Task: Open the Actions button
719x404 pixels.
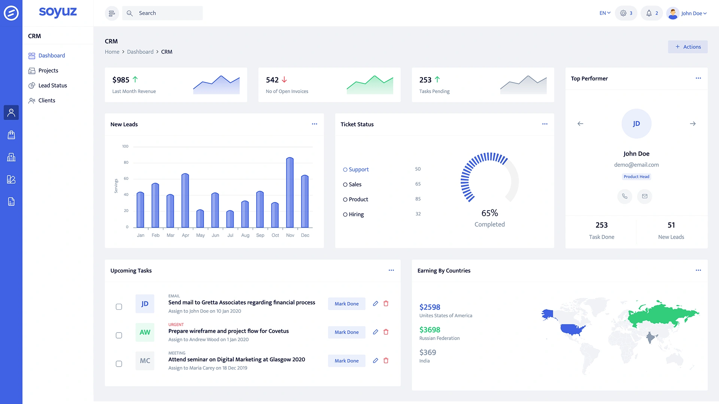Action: pos(688,47)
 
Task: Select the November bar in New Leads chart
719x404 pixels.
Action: pos(290,193)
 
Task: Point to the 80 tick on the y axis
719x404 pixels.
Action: pos(126,162)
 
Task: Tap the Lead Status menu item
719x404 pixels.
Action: pos(52,85)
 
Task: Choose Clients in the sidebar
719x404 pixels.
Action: pos(46,100)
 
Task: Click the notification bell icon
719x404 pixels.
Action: pos(649,13)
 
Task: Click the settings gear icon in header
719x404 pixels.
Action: pos(623,13)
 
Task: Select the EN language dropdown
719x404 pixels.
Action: pos(605,13)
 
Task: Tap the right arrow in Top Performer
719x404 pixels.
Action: pos(693,123)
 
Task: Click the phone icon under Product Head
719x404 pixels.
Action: pos(625,196)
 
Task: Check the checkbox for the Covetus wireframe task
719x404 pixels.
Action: pos(119,335)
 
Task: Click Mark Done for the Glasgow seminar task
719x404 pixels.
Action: pos(346,361)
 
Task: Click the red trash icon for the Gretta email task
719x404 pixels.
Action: pos(386,303)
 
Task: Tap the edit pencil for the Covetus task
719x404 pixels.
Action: pos(376,332)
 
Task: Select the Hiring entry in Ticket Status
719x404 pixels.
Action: pos(356,214)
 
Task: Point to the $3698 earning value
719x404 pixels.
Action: pos(430,330)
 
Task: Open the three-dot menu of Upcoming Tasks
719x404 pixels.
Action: pos(391,270)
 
